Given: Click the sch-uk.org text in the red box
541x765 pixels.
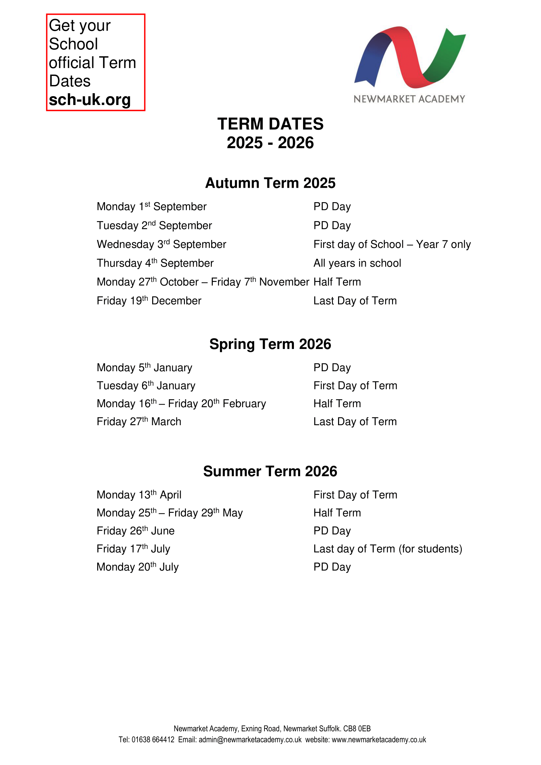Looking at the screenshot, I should (90, 100).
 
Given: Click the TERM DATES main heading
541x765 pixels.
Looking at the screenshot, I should (270, 124).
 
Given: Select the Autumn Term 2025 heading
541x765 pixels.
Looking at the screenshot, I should (270, 183).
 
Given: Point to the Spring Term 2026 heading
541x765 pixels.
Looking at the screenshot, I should (270, 344).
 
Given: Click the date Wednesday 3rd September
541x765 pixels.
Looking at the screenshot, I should (161, 244).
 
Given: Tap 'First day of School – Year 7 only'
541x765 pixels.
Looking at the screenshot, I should (392, 244).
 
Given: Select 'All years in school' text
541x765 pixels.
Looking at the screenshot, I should (357, 263).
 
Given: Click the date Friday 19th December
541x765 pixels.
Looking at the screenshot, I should (149, 301).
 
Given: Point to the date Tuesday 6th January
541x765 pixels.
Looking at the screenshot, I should (146, 386).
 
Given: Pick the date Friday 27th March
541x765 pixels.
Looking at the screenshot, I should (139, 422).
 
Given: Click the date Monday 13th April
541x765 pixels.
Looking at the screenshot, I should (139, 495).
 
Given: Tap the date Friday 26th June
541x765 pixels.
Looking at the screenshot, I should (136, 531).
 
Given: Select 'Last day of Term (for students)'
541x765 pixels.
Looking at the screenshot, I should (388, 549).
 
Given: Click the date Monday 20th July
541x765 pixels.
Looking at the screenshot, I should (138, 567).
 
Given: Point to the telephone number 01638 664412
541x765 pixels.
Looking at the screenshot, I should (153, 740).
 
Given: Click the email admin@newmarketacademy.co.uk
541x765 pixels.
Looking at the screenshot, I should (250, 740).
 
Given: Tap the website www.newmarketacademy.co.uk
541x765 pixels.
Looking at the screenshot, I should (379, 740).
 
